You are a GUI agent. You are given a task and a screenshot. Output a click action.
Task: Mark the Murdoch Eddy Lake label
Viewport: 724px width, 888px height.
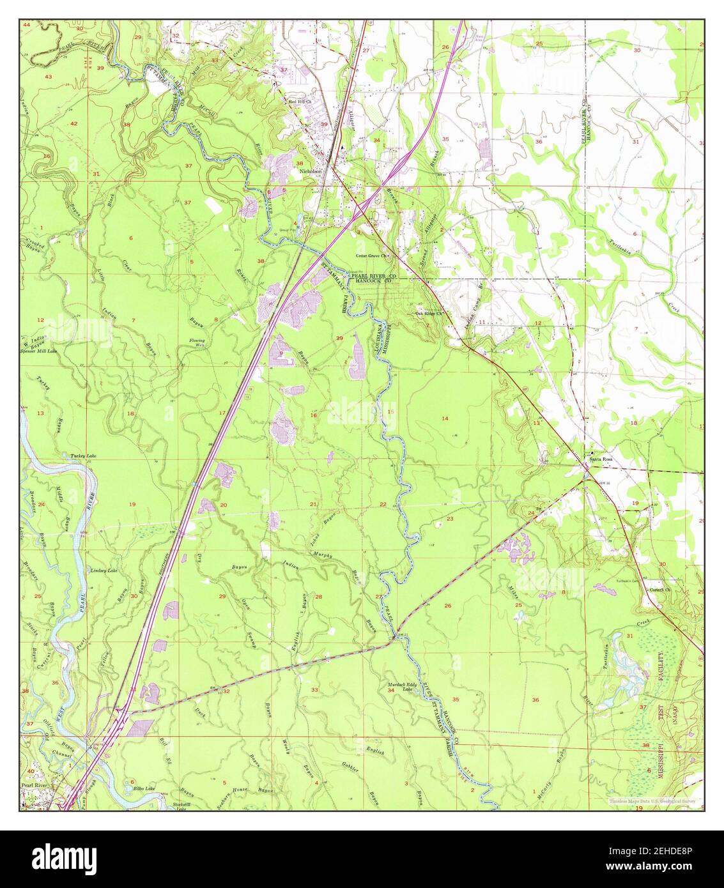(x=401, y=687)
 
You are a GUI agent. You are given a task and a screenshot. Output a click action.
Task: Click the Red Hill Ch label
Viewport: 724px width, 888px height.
(x=299, y=102)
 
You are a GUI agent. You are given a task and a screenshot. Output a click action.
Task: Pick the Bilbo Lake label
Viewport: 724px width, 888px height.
(x=140, y=789)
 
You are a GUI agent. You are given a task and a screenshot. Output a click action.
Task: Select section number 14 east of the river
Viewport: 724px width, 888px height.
(x=445, y=417)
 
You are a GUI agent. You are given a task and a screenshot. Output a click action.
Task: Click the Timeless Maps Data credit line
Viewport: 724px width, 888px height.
(x=653, y=800)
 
